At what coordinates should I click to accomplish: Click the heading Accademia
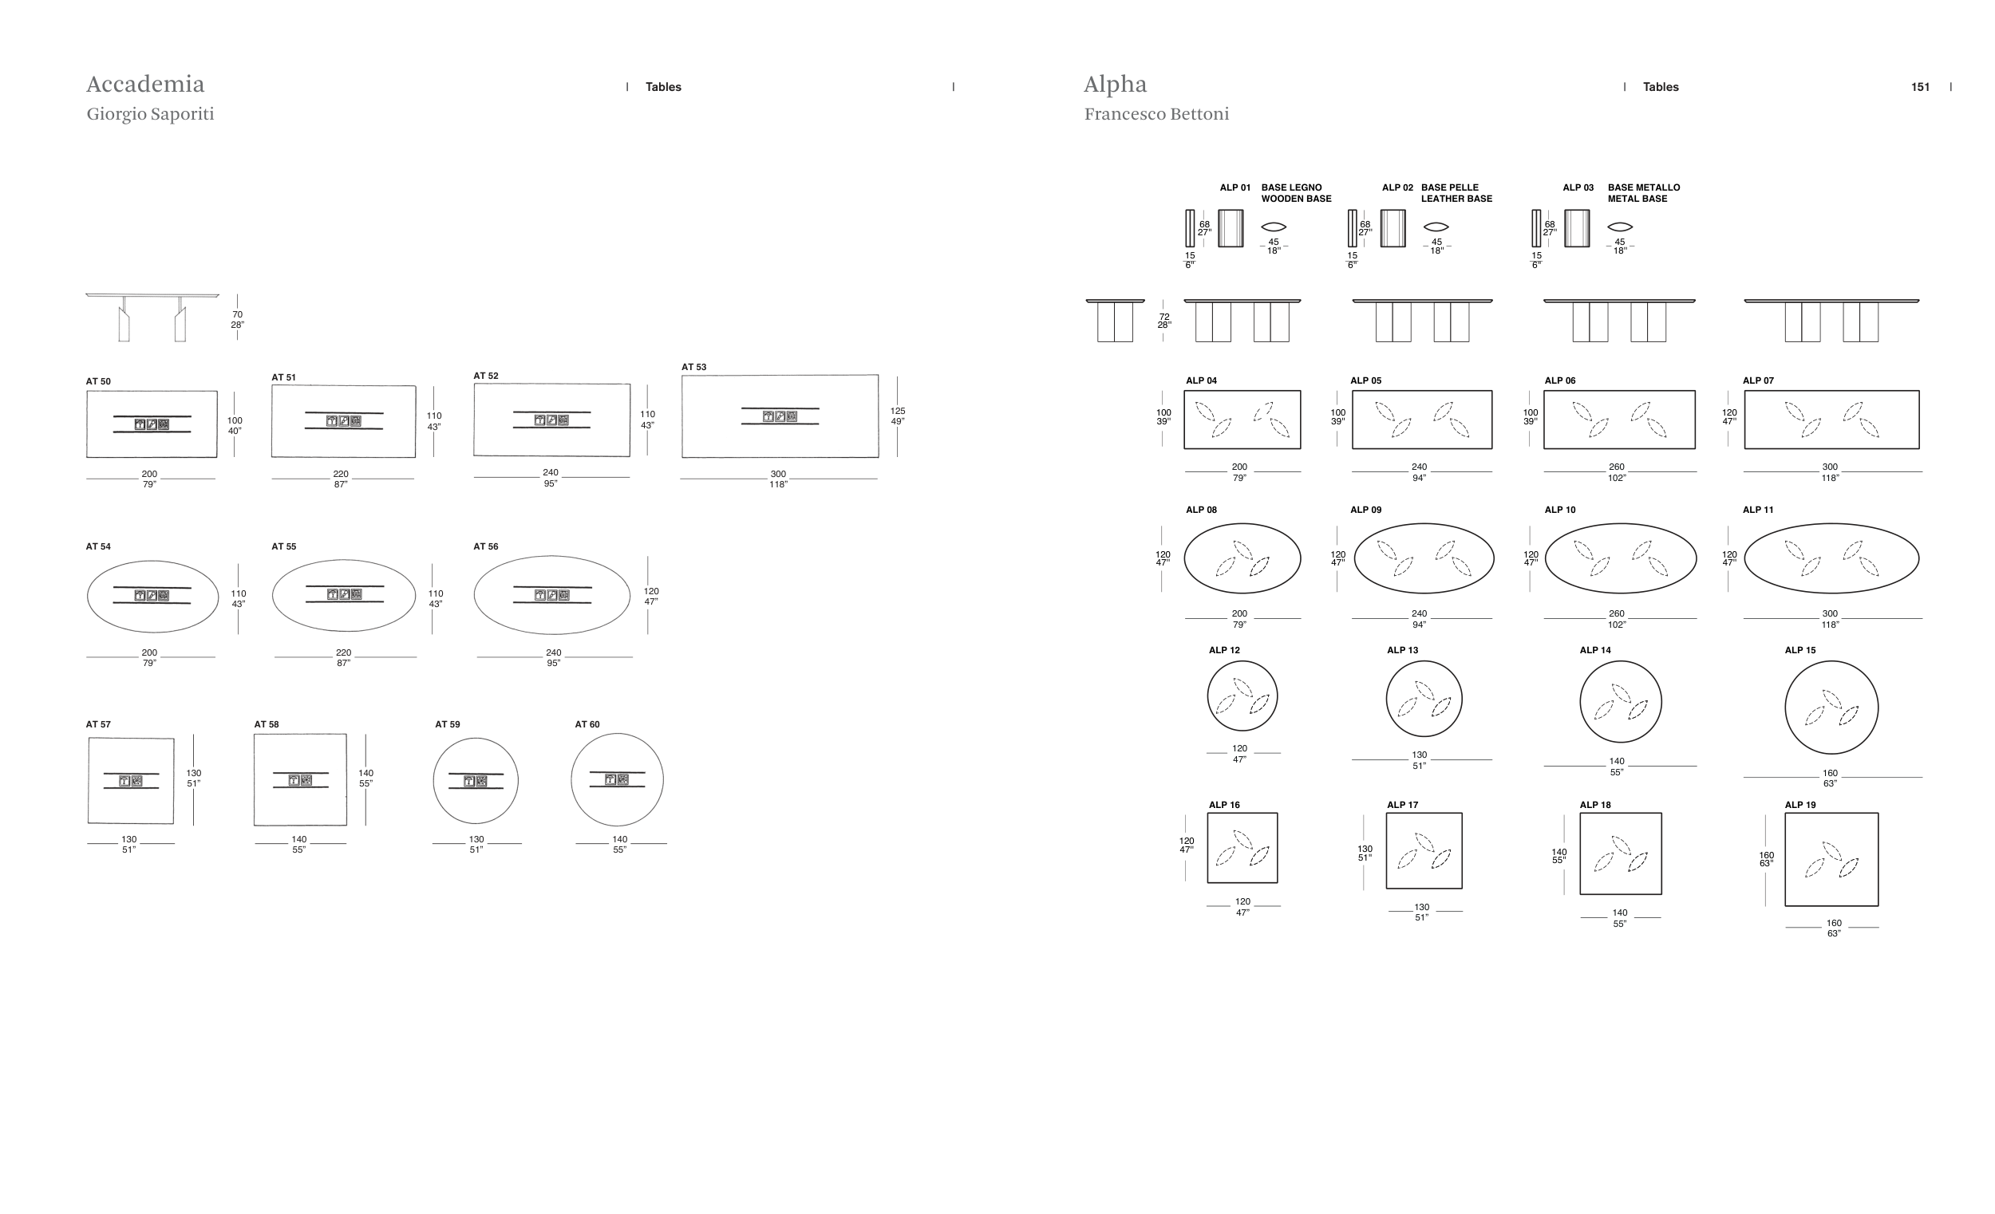coord(146,85)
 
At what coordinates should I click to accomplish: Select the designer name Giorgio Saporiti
coord(151,114)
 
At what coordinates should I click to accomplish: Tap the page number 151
coord(1920,88)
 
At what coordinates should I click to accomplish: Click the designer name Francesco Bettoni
coord(1156,114)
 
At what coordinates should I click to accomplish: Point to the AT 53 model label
coord(694,368)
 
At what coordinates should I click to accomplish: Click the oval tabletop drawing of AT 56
coord(551,595)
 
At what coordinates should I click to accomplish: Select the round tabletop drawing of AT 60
coord(617,779)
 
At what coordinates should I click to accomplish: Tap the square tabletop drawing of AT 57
coord(130,781)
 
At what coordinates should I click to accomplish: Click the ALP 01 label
coord(1235,187)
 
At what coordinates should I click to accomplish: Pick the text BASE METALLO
coord(1644,187)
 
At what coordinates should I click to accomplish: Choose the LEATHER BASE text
coord(1456,199)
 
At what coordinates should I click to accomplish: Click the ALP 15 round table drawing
coord(1831,708)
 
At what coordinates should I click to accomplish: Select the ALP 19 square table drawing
coord(1831,860)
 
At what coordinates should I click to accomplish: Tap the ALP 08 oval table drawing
coord(1242,558)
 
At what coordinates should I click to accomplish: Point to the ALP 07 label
coord(1758,380)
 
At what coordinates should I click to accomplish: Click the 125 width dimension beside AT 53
coord(897,411)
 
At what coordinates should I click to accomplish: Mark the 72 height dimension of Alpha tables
coord(1164,317)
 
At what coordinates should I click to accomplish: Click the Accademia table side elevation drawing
coord(152,317)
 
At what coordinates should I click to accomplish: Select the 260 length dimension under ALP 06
coord(1616,467)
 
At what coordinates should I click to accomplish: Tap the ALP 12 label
coord(1223,651)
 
